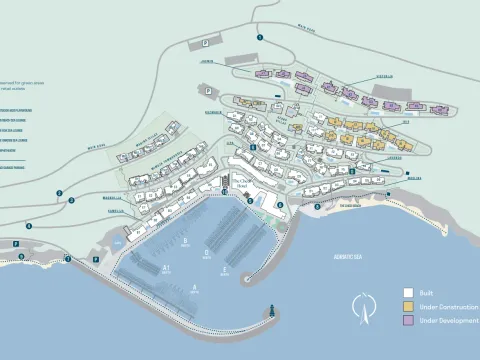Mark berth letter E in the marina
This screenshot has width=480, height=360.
pos(226,269)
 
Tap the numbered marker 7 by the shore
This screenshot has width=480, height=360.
pos(68,259)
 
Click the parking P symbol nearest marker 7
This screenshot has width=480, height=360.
pos(96,259)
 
